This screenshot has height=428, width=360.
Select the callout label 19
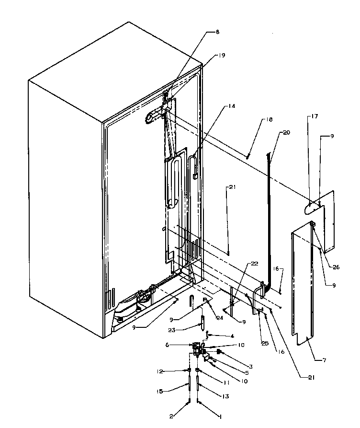(221, 55)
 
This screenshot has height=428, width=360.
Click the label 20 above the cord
(286, 133)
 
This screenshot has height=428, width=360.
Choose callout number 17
(314, 116)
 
